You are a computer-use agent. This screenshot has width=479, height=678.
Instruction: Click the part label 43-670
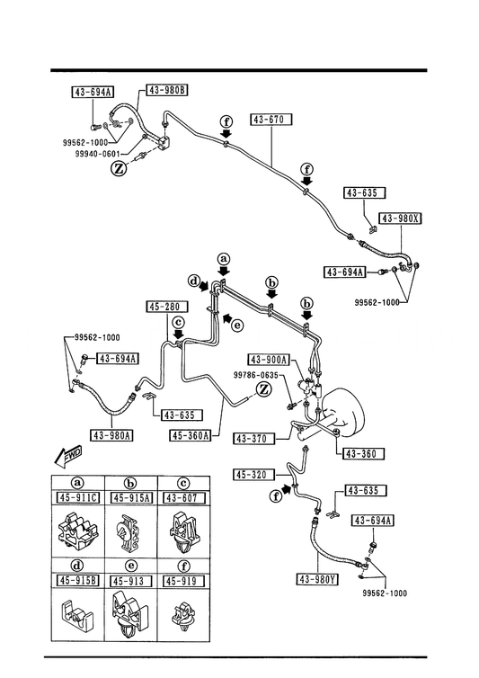coord(271,120)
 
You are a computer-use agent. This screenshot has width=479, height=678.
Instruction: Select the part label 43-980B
coord(167,90)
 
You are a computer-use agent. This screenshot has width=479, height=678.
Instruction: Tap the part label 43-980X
coord(400,219)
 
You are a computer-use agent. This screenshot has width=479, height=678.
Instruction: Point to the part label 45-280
coord(167,307)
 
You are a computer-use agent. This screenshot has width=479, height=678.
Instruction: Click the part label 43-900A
coord(269,360)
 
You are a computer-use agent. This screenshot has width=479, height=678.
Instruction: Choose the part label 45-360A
coord(191,435)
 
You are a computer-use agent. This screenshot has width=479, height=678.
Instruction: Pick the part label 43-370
coord(251,439)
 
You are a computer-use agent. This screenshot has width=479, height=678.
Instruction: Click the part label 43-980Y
coord(317,579)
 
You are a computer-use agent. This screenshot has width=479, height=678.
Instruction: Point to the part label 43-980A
coord(111,435)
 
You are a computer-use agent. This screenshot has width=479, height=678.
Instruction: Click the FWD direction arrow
coord(67,456)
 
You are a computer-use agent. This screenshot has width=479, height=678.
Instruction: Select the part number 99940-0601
coord(98,154)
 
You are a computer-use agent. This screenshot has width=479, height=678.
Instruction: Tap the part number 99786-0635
coord(256,375)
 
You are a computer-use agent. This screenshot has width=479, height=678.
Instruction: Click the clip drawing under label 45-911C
coord(78,530)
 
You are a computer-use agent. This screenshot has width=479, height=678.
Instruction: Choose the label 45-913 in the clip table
coord(131,581)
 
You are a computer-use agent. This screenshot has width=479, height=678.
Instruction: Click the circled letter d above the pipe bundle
coord(195,281)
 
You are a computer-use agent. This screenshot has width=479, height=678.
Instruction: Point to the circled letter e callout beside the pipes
coord(237,325)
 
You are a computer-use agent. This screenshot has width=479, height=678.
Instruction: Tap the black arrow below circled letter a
coord(224,272)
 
